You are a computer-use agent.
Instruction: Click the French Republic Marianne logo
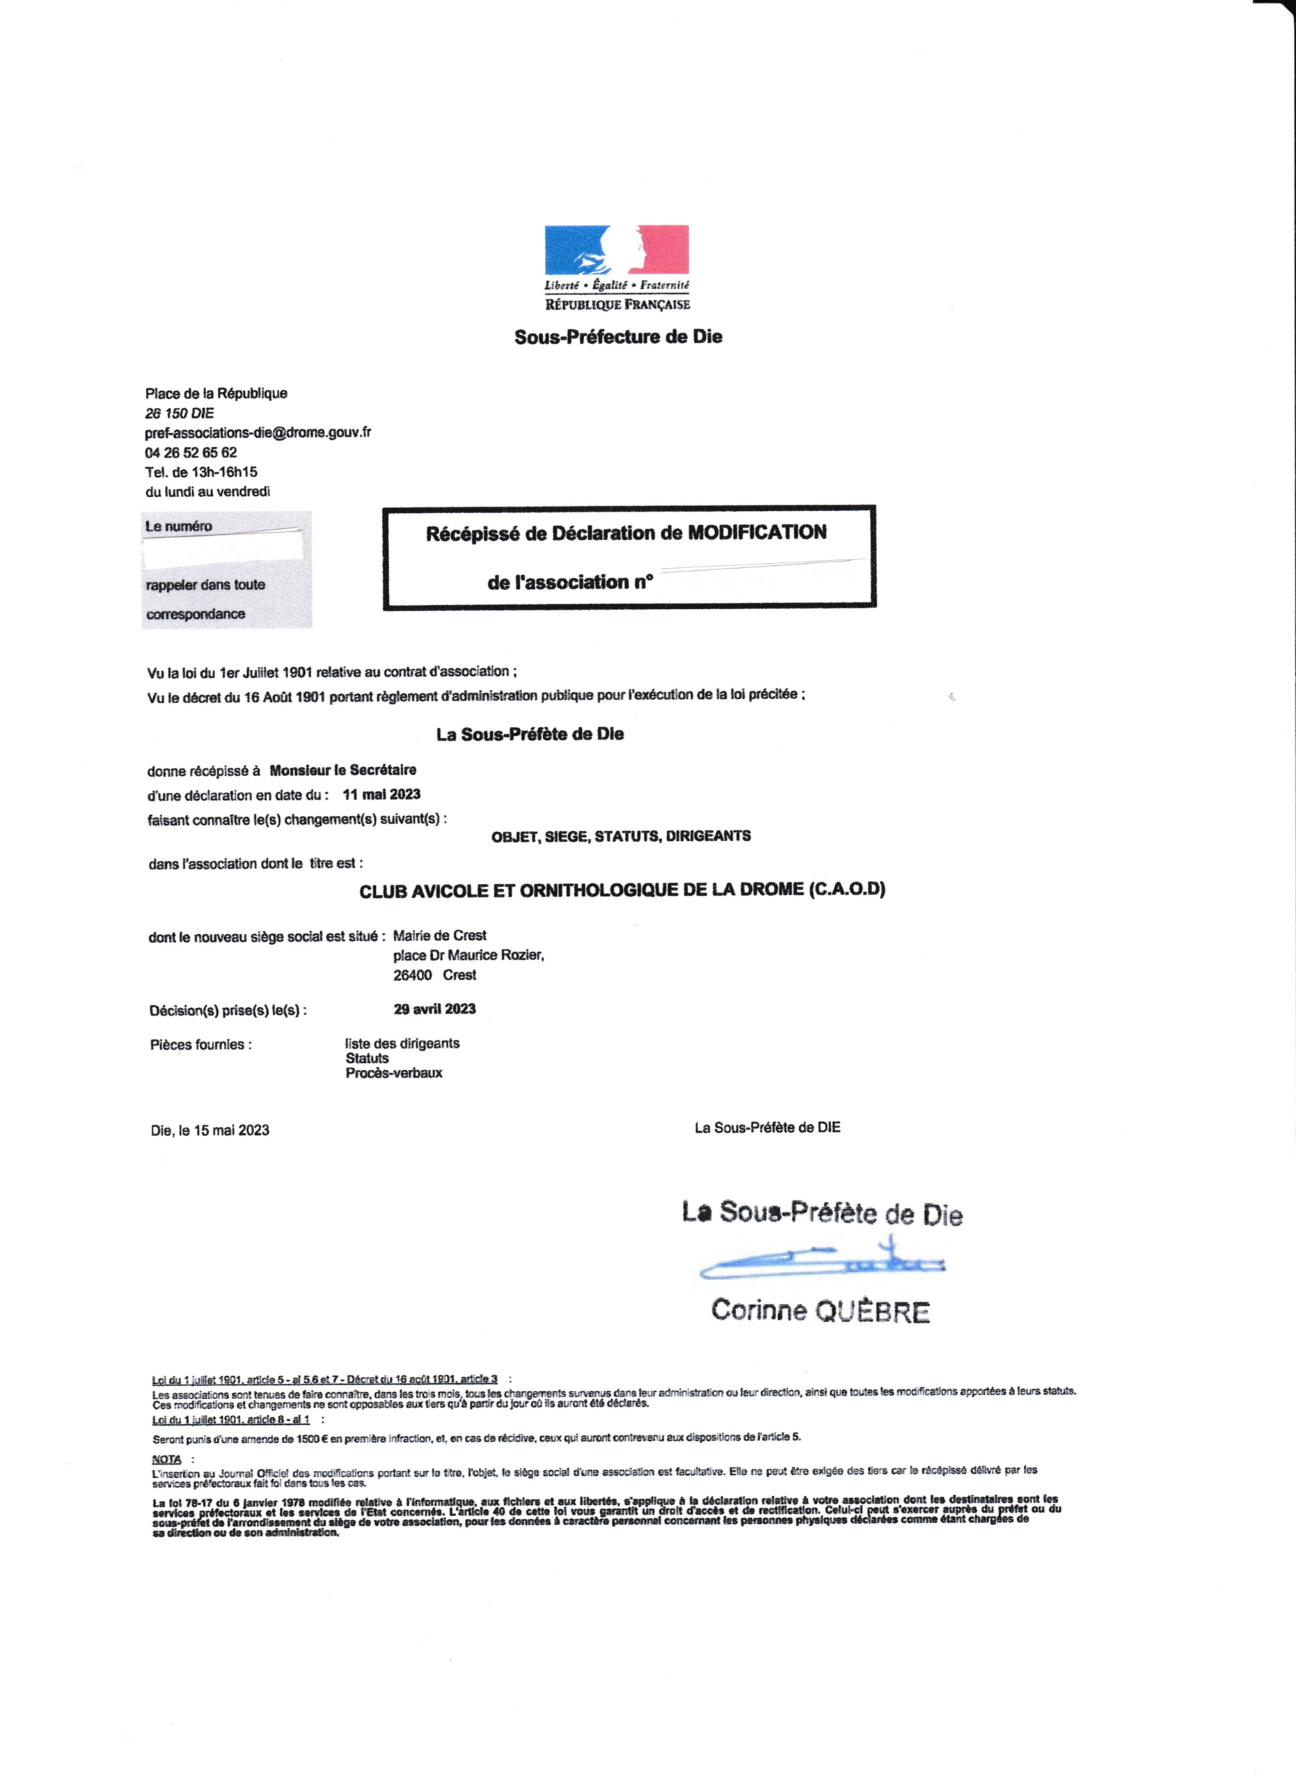(617, 251)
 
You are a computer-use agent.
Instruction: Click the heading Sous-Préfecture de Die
(618, 337)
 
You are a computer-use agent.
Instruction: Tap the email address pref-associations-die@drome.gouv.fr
(258, 433)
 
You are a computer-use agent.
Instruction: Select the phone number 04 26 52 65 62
(190, 452)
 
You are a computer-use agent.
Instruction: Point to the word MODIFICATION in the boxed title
(757, 533)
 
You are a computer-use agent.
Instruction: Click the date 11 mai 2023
(381, 794)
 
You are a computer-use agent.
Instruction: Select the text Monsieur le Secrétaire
(342, 770)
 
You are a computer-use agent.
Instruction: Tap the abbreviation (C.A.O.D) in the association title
(847, 890)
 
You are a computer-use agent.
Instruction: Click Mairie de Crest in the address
(439, 936)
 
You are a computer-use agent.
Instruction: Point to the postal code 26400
(412, 975)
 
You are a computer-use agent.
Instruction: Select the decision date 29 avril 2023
(434, 1009)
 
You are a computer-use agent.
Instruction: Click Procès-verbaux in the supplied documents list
(393, 1073)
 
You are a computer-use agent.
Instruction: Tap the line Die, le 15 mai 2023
(210, 1130)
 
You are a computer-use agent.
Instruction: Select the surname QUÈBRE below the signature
(872, 1312)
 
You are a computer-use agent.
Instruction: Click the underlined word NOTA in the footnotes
(166, 1459)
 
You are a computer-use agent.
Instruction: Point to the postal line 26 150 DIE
(179, 413)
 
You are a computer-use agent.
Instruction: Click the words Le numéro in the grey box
(178, 526)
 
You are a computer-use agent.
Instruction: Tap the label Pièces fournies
(201, 1045)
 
